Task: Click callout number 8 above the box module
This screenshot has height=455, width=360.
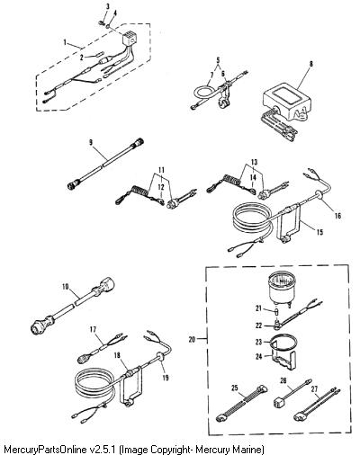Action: coord(311,64)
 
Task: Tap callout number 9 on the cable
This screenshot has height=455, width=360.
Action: coord(91,143)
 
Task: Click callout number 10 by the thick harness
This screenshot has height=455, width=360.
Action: coord(66,287)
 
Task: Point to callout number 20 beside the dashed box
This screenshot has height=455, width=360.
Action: coord(193,339)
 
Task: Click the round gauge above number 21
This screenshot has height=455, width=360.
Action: coord(281,290)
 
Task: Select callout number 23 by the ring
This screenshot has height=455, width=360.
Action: coord(258,342)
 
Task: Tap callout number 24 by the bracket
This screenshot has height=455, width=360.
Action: coord(258,356)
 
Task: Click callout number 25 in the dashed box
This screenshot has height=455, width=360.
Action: coord(235,388)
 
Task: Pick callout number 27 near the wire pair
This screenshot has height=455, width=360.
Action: coord(314,389)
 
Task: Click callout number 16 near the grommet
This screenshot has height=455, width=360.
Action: coord(337,216)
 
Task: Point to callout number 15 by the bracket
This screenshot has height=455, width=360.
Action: coord(319,232)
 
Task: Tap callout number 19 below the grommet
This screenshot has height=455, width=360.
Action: coord(166,378)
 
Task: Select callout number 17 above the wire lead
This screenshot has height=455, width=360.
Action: coord(93,330)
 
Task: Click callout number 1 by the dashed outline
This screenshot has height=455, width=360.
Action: coord(65,42)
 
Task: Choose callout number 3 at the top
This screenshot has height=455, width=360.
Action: coord(108,6)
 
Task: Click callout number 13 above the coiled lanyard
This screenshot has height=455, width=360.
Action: coord(254,162)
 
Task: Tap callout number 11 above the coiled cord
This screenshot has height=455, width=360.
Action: coord(162,170)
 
